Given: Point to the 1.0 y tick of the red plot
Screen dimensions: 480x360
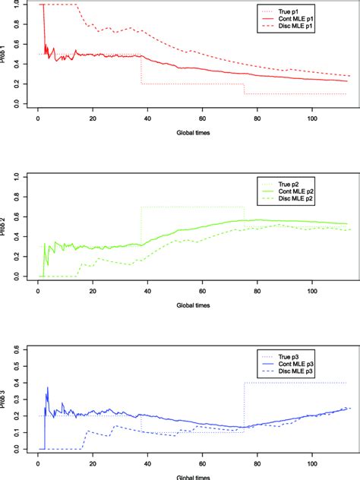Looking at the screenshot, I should pyautogui.click(x=16, y=5).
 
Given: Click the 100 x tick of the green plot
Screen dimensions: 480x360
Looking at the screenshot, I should pyautogui.click(x=312, y=290).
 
